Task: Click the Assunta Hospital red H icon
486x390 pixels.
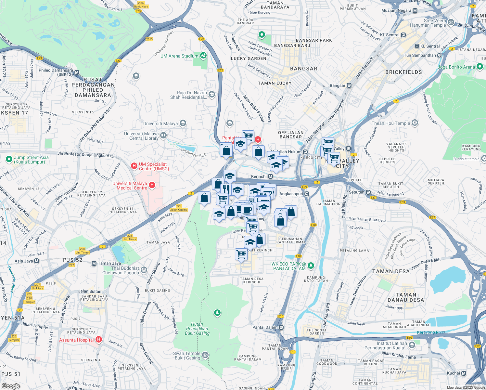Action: (99, 340)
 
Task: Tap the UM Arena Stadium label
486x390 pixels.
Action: (179, 56)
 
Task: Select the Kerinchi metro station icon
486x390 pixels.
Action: (270, 176)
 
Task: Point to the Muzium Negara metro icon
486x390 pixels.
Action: (415, 10)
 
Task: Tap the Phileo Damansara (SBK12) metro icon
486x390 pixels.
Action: (77, 72)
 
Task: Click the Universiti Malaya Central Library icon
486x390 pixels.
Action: (163, 135)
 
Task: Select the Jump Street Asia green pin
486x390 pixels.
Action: (9, 159)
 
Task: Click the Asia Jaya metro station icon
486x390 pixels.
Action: (36, 261)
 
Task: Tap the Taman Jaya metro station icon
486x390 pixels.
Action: (94, 263)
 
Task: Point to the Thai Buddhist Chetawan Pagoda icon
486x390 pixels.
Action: (144, 270)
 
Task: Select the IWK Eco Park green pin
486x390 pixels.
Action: (311, 266)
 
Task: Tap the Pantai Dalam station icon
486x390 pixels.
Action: (281, 327)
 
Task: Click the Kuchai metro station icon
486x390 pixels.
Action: (464, 373)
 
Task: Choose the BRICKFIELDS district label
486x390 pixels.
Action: (403, 72)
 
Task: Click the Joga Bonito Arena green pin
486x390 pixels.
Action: (480, 67)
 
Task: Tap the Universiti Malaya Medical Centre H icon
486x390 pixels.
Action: (152, 185)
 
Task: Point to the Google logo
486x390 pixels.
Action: (11, 386)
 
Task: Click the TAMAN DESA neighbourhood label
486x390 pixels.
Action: (391, 271)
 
